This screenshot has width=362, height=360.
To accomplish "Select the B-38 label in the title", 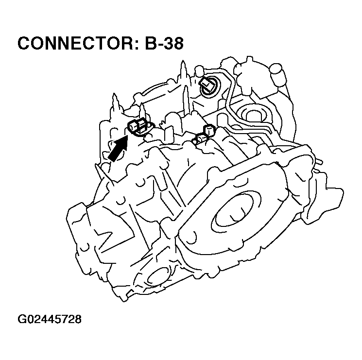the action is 164,43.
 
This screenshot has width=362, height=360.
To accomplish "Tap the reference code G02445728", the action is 50,319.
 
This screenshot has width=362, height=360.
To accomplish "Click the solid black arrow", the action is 117,149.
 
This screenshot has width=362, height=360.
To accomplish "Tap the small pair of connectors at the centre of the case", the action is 204,135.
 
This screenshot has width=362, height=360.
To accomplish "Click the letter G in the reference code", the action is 22,319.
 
